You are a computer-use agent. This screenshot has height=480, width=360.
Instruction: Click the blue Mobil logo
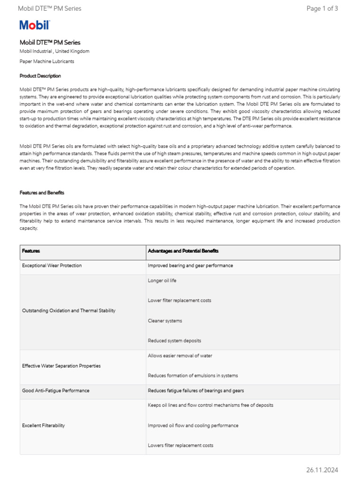pos(34,25)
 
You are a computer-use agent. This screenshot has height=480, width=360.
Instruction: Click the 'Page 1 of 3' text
pos(322,8)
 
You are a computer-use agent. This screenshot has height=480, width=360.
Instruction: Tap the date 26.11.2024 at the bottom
pos(322,470)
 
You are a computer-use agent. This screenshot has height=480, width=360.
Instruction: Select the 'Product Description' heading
pos(40,76)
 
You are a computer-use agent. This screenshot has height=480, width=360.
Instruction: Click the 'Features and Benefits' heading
pos(42,193)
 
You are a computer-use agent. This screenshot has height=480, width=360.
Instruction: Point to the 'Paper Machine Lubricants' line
pos(47,61)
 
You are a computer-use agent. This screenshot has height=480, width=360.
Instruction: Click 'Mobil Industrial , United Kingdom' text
pos(54,51)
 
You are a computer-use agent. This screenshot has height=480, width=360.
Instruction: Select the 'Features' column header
pos(31,251)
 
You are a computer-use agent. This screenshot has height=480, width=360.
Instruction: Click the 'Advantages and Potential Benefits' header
pos(183,251)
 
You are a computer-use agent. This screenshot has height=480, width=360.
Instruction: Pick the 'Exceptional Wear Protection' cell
pos(52,266)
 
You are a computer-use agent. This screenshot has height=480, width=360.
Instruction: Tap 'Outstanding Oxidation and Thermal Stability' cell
pos(69,311)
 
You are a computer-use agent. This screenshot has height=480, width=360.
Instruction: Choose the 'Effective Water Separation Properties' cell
pos(61,366)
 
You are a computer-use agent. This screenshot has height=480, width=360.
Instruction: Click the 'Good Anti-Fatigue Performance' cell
pos(56,390)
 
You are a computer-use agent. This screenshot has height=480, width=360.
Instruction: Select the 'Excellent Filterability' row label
pos(44,426)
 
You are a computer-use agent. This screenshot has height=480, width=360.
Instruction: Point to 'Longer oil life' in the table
pos(162,281)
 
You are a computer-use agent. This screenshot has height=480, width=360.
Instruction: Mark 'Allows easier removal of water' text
pos(180,356)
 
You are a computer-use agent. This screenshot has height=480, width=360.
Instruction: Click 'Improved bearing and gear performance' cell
pos(190,266)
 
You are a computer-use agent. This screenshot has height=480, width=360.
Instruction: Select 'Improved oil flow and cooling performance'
pos(193,426)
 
